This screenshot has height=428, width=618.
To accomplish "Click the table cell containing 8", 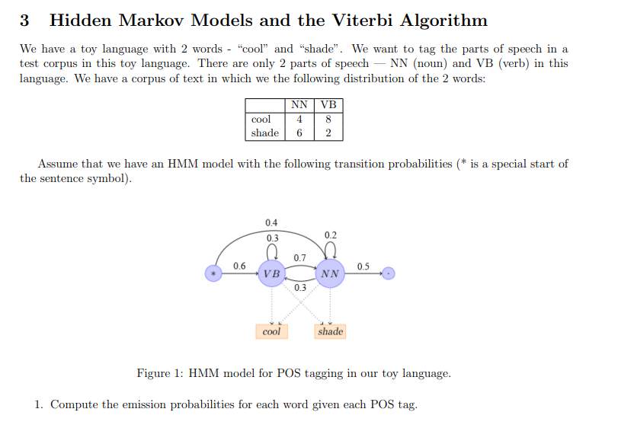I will click(x=328, y=119).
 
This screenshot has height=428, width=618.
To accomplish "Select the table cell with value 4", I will click(x=299, y=119).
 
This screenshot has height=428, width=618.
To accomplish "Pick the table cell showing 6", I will click(x=299, y=133).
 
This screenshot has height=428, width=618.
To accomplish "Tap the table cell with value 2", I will click(x=328, y=133).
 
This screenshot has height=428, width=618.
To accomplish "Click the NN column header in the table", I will click(x=299, y=105).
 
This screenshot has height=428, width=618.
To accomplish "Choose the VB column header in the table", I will click(x=328, y=105).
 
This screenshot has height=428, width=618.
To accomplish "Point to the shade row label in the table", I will click(x=264, y=133).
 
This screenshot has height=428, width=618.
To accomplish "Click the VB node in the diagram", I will click(x=271, y=273).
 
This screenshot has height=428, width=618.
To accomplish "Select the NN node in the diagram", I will click(x=329, y=273).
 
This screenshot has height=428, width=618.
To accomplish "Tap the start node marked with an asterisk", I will click(x=214, y=273).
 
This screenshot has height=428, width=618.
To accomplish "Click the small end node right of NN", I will click(x=389, y=273).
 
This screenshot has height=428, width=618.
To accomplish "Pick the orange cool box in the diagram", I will click(x=271, y=331).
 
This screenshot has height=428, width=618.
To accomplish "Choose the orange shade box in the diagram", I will click(x=330, y=331).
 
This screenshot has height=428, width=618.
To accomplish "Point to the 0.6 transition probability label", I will click(x=239, y=266).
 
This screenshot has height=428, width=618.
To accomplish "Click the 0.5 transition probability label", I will click(x=363, y=266).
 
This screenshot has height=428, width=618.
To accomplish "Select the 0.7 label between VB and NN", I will click(x=299, y=257).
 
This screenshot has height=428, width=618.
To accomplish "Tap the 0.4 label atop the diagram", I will click(x=271, y=222).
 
